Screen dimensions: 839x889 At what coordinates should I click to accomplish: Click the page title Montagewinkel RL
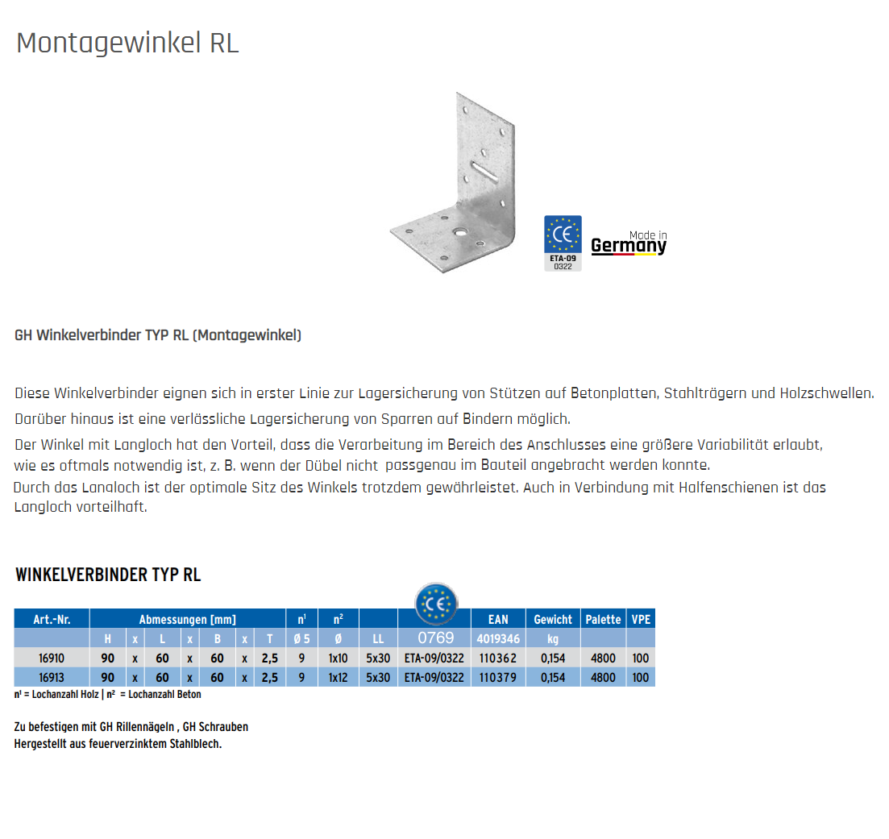[127, 43]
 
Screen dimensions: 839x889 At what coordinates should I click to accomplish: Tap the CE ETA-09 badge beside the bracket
[563, 243]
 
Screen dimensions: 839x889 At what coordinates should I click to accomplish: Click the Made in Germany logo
[629, 243]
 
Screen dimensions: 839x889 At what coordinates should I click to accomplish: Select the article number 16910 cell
[52, 658]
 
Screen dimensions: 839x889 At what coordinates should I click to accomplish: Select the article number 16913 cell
[52, 678]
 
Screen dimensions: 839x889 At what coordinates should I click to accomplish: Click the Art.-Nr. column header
[52, 619]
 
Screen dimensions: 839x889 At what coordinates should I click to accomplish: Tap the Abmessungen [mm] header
[188, 619]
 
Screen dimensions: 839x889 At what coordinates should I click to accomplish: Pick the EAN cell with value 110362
[498, 658]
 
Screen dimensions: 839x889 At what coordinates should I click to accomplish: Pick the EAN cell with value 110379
[498, 678]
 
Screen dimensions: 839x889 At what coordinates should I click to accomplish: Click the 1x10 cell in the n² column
[338, 658]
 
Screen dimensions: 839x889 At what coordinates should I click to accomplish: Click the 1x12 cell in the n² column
[338, 678]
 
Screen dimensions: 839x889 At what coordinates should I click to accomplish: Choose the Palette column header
[603, 619]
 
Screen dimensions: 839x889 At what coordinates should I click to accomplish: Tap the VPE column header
[641, 619]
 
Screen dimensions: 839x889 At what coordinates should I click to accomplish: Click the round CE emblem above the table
[435, 604]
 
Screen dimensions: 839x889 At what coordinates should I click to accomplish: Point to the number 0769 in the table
[435, 638]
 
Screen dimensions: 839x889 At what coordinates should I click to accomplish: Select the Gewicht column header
[553, 619]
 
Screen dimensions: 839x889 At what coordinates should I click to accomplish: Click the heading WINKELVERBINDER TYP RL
[108, 575]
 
